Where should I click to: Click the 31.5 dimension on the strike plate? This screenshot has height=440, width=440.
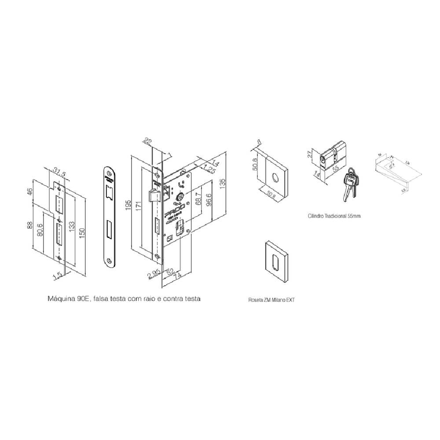(x=59, y=174)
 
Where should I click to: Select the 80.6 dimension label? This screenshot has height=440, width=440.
(x=41, y=232)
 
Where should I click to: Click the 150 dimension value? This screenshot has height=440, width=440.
(x=82, y=231)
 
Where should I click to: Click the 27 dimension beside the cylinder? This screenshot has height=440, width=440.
(x=310, y=154)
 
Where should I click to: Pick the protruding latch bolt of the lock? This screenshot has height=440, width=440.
(x=152, y=195)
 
